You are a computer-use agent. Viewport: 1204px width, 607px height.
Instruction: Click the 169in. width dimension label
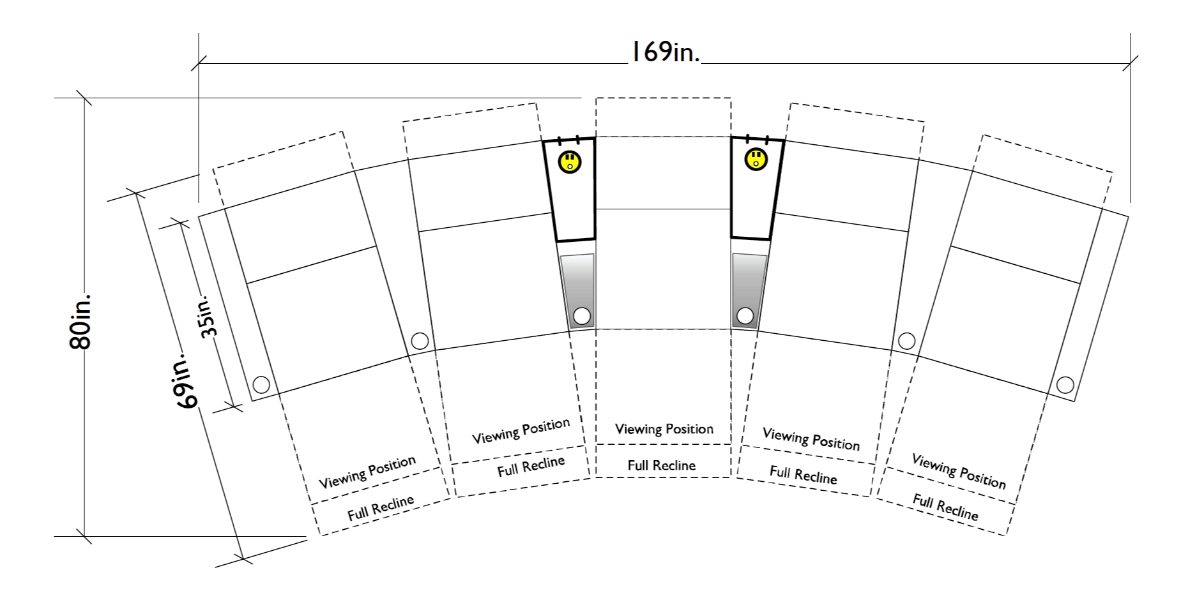pyautogui.click(x=664, y=52)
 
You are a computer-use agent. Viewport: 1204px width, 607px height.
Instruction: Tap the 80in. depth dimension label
pyautogui.click(x=81, y=321)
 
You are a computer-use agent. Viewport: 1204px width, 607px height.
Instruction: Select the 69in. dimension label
pyautogui.click(x=187, y=380)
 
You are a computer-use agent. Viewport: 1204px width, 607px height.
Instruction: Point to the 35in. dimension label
pyautogui.click(x=209, y=315)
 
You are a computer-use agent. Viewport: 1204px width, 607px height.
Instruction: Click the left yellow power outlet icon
pyautogui.click(x=569, y=161)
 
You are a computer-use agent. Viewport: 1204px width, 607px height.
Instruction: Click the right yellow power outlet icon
pyautogui.click(x=756, y=160)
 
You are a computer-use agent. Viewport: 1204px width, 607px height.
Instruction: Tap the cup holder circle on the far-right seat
pyautogui.click(x=1065, y=385)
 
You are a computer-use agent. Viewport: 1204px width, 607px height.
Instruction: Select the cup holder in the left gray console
pyautogui.click(x=582, y=316)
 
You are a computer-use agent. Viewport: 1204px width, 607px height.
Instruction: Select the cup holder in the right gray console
pyautogui.click(x=745, y=315)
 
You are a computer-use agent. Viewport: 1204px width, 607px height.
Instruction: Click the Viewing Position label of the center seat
pyautogui.click(x=664, y=429)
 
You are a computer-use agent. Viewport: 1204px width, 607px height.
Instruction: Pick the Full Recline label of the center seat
pyautogui.click(x=661, y=465)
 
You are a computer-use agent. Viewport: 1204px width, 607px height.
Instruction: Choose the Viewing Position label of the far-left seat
pyautogui.click(x=367, y=472)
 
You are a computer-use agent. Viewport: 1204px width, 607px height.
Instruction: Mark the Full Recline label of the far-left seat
pyautogui.click(x=381, y=508)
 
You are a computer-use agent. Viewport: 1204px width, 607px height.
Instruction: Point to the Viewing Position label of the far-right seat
pyautogui.click(x=958, y=471)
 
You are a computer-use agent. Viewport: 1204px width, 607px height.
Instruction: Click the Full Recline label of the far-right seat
pyautogui.click(x=945, y=507)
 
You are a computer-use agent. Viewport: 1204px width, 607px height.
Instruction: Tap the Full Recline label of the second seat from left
pyautogui.click(x=531, y=466)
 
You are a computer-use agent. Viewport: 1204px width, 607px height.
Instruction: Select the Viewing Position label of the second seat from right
pyautogui.click(x=811, y=439)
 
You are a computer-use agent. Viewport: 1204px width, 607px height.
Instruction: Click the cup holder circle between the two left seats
pyautogui.click(x=420, y=341)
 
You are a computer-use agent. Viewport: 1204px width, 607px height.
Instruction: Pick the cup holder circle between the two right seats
pyautogui.click(x=906, y=340)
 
